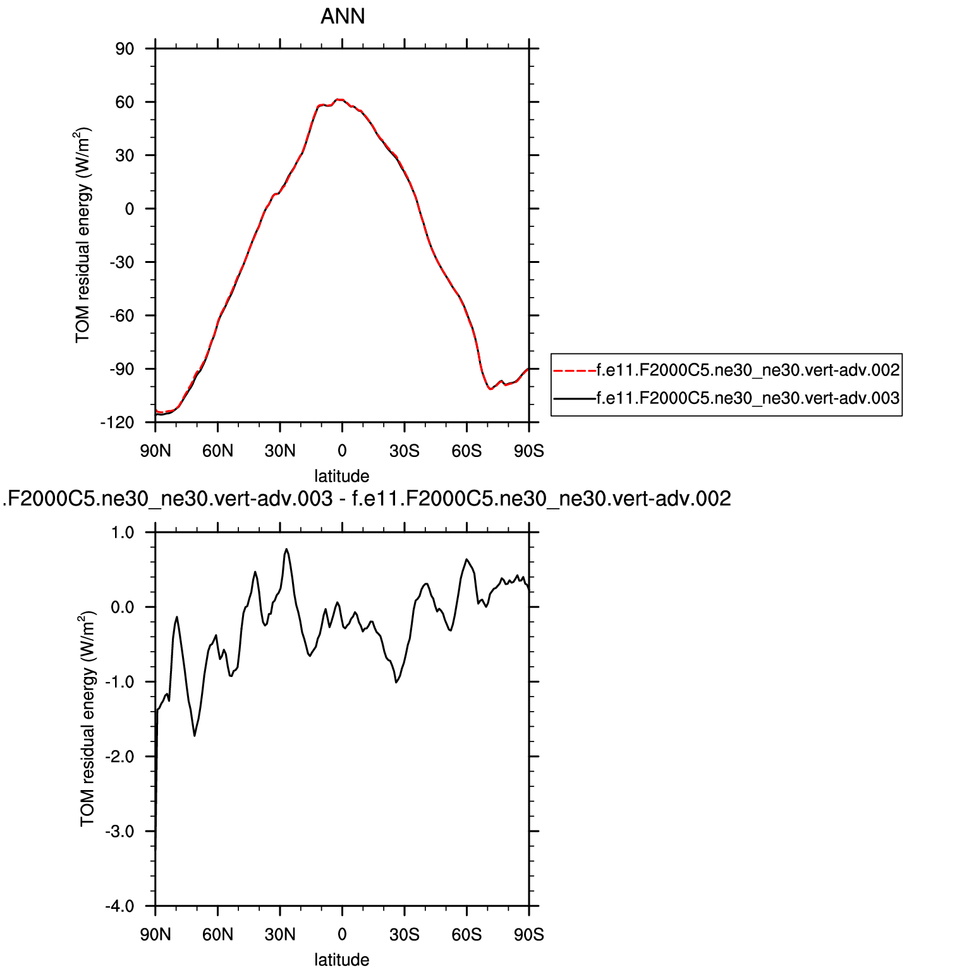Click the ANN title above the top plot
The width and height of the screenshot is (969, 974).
pyautogui.click(x=343, y=16)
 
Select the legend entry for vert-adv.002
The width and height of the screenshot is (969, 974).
pyautogui.click(x=748, y=370)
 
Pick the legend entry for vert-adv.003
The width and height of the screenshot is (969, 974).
pyautogui.click(x=748, y=398)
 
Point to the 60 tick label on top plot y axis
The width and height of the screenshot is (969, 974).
pyautogui.click(x=125, y=102)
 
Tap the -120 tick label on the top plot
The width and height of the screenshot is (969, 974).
pyautogui.click(x=118, y=423)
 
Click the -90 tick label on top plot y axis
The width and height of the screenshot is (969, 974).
pyautogui.click(x=121, y=369)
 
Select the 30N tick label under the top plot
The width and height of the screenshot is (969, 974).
pyautogui.click(x=280, y=451)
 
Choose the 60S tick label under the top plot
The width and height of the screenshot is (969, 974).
pyautogui.click(x=466, y=451)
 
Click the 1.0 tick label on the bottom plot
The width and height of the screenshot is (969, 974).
pyautogui.click(x=123, y=532)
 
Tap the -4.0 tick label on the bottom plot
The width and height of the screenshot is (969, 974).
pyautogui.click(x=120, y=906)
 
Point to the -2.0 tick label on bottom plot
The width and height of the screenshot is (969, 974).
pyautogui.click(x=120, y=757)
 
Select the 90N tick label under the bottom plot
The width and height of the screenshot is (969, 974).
pyautogui.click(x=155, y=935)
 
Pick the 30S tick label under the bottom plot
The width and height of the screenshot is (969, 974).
pyautogui.click(x=405, y=935)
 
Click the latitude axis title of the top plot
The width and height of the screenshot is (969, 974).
pyautogui.click(x=342, y=476)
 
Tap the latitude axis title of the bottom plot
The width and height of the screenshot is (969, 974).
pyautogui.click(x=342, y=960)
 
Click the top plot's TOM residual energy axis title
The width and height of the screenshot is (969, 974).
pyautogui.click(x=83, y=235)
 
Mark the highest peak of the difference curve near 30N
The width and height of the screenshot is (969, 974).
pyautogui.click(x=286, y=549)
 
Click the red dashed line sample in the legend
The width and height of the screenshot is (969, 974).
pyautogui.click(x=574, y=370)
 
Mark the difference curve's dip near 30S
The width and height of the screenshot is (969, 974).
pyautogui.click(x=396, y=682)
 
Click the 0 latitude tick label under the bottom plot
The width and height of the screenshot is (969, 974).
pyautogui.click(x=342, y=935)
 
